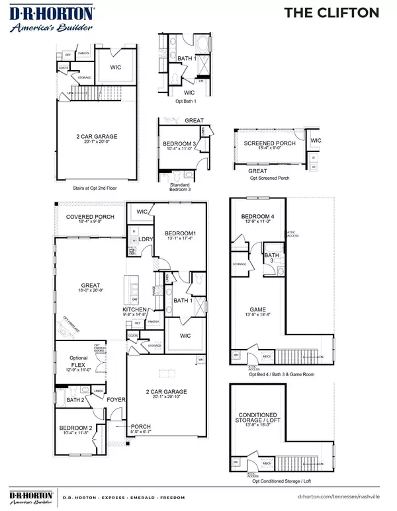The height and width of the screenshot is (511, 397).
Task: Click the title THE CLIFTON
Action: point(341,12)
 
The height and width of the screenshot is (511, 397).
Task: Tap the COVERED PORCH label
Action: point(90,217)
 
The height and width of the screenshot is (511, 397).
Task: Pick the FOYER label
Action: point(116,399)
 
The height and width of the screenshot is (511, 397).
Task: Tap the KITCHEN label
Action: point(134,309)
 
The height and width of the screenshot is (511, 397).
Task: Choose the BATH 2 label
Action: point(75,399)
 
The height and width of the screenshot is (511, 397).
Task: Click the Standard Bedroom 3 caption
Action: point(180,187)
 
